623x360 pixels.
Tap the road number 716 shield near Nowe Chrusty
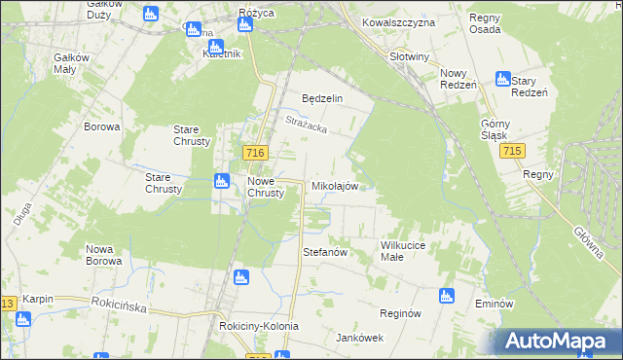pos(256,154)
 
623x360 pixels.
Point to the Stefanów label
pos(325,252)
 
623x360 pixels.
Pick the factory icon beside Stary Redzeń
pos(503,79)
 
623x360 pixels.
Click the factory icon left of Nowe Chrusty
pos(221,180)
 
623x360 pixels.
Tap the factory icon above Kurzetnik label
pos(215,45)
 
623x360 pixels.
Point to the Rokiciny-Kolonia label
pos(259,326)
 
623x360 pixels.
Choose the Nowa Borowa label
pos(103,255)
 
